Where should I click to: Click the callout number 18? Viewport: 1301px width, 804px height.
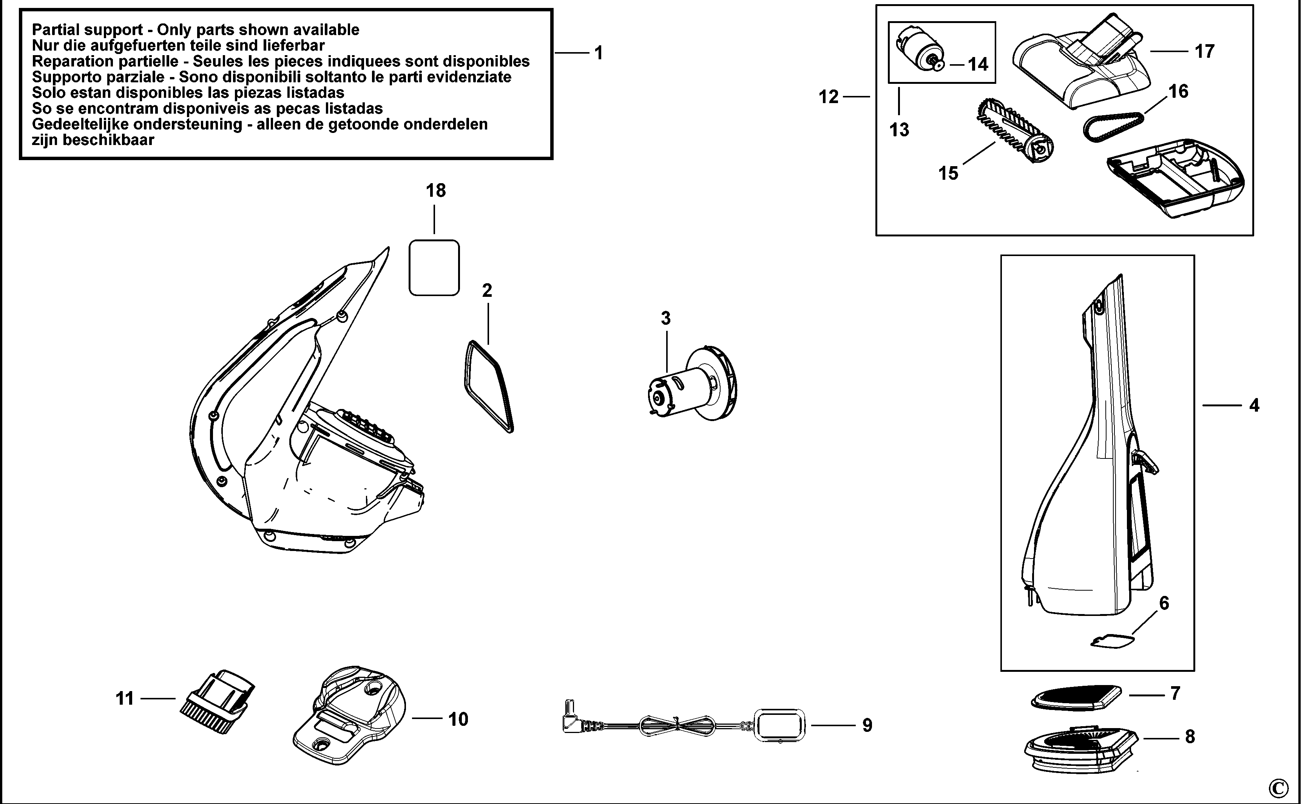click(435, 190)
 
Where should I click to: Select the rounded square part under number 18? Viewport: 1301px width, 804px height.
click(434, 267)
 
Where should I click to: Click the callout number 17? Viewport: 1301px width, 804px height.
click(1204, 52)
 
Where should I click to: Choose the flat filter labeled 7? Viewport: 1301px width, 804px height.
click(1076, 697)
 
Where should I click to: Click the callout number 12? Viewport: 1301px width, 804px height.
click(828, 97)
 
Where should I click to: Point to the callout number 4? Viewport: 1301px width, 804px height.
click(1254, 406)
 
